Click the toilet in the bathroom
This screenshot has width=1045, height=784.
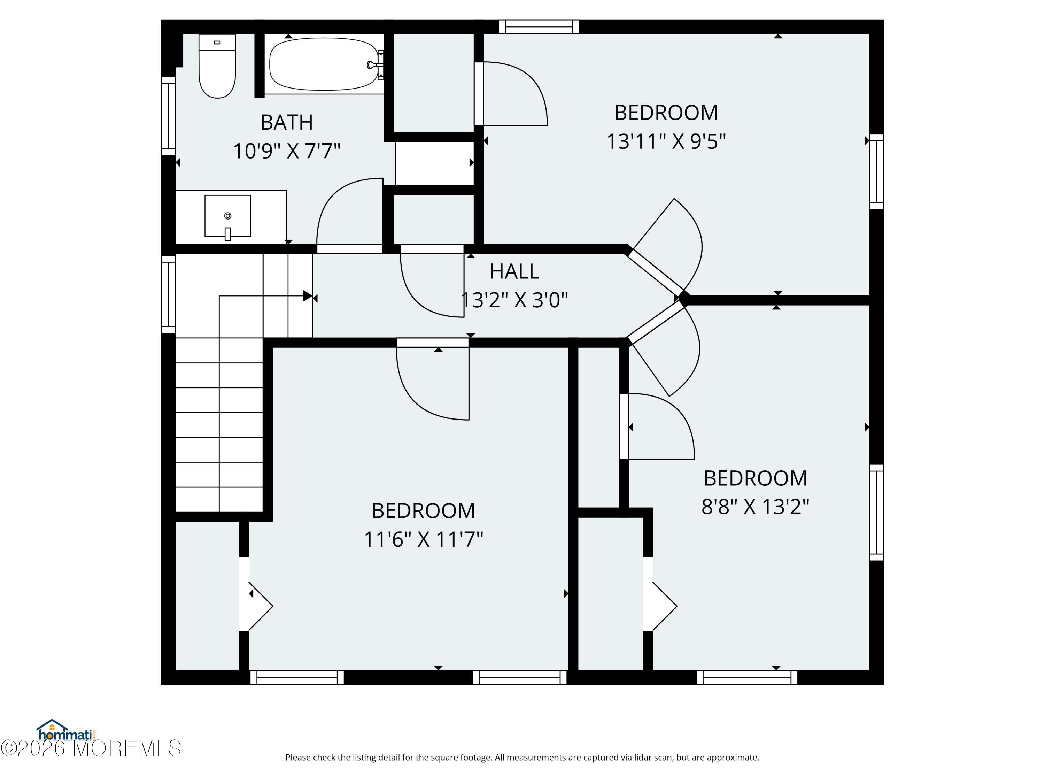(217, 66)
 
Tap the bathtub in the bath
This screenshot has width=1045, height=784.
(324, 64)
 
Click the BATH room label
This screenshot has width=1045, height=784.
(287, 122)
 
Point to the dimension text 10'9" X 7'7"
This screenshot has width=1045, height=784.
(287, 151)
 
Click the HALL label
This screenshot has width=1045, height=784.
(514, 271)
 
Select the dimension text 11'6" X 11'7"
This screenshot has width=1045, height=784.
(423, 539)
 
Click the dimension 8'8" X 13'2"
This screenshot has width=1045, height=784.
(756, 507)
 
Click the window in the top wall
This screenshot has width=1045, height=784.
(539, 26)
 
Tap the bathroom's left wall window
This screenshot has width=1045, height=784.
(168, 116)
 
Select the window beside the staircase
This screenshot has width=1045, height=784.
(168, 294)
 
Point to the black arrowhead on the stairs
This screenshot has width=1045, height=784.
(308, 296)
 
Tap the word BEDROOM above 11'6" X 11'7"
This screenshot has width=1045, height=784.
(423, 510)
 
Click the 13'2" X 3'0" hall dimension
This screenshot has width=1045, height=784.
(514, 300)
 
